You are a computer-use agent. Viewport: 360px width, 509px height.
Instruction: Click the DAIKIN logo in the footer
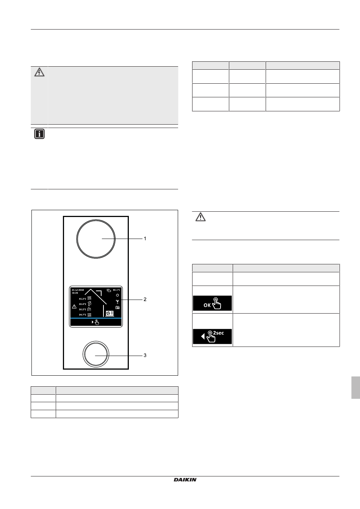click(185, 479)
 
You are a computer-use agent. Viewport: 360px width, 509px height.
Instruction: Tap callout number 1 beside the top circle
click(145, 239)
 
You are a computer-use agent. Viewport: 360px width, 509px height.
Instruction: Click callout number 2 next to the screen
click(145, 299)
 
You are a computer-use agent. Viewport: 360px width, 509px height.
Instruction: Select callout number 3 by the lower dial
click(145, 355)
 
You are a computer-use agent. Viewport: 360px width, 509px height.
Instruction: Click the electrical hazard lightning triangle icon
click(39, 72)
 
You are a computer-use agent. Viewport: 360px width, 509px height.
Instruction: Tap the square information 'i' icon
click(39, 134)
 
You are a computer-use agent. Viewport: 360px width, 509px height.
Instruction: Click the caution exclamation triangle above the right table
click(200, 217)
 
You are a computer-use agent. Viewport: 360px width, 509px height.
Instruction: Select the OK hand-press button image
click(212, 303)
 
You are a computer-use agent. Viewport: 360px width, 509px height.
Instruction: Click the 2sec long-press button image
click(212, 336)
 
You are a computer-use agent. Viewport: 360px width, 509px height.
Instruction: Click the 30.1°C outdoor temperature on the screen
click(117, 290)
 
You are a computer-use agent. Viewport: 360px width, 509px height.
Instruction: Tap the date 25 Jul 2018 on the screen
click(78, 290)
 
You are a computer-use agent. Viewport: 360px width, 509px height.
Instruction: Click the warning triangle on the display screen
click(74, 306)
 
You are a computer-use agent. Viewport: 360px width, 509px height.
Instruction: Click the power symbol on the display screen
click(117, 295)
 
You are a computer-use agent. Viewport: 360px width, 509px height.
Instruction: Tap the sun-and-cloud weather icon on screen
click(109, 290)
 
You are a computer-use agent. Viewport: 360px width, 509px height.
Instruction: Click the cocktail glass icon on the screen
click(117, 301)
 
